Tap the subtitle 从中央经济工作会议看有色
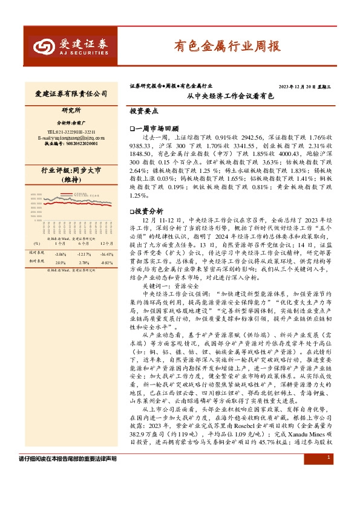click(230, 96)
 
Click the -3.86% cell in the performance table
click(60, 254)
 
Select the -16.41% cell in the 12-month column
click(106, 254)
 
